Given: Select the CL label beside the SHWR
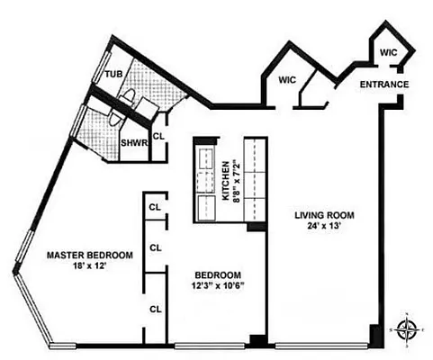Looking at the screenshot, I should (x=158, y=137).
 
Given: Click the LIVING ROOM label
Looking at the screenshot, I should (x=324, y=215).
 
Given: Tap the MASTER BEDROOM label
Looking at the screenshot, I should (x=89, y=256).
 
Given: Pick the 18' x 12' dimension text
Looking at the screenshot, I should (x=89, y=266).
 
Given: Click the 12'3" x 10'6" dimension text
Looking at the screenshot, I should (x=220, y=285).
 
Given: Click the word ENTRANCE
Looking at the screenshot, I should (x=385, y=85).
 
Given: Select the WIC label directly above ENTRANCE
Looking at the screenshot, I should (x=388, y=53).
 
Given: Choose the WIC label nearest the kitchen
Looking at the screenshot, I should (x=287, y=80).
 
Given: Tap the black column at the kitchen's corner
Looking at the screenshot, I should (x=257, y=226).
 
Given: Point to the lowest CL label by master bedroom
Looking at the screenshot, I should (x=154, y=309).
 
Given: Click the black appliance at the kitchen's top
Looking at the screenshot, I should (x=202, y=145).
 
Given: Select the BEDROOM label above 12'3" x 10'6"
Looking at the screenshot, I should (x=220, y=274).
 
